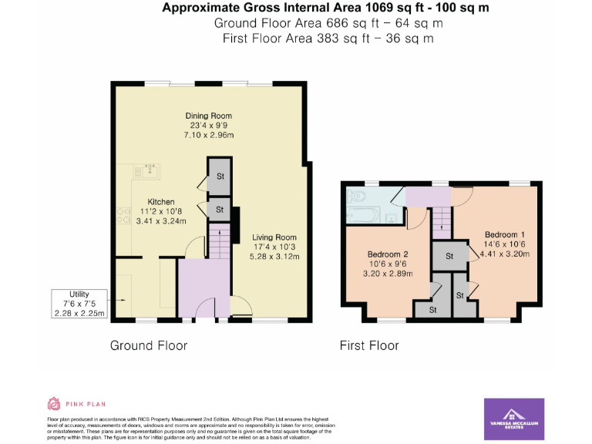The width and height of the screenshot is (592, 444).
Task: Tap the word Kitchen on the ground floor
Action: coord(161,202)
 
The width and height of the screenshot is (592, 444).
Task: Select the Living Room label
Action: coord(274,237)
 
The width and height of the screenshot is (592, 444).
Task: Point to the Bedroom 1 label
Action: coord(505,234)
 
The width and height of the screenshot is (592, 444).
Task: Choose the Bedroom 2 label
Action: coord(388,254)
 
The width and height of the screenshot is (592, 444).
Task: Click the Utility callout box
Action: coord(79,303)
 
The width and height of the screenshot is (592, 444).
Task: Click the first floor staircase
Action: coord(442,223)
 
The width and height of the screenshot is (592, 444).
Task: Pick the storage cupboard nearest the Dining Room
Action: coord(219,175)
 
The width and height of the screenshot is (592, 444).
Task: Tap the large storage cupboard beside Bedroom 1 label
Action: coord(446,254)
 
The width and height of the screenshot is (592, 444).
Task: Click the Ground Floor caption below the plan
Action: coord(149,345)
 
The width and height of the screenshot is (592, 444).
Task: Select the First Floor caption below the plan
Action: coord(369,345)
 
